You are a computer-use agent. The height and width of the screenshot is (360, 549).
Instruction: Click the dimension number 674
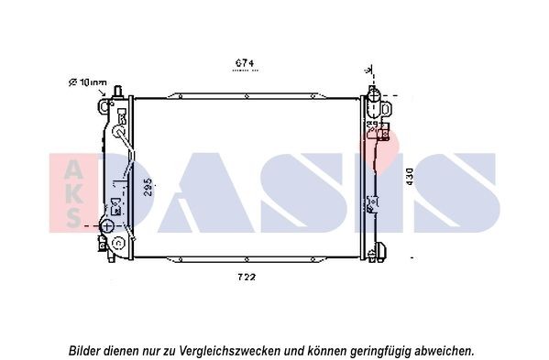(243, 63)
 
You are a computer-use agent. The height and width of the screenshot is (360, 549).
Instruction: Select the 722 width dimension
(245, 277)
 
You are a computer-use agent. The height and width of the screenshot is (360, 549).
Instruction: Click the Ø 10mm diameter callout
(88, 82)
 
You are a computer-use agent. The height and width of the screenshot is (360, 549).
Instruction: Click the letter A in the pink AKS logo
(72, 166)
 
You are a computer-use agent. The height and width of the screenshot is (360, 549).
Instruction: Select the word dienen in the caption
(127, 350)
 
